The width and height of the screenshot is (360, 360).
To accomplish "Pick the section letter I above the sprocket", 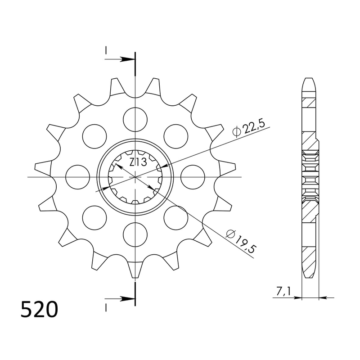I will (106, 51).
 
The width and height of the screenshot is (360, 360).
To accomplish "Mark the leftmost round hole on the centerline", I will (78, 177).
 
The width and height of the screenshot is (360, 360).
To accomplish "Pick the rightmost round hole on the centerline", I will (192, 177).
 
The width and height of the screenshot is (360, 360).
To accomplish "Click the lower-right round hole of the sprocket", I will (175, 217).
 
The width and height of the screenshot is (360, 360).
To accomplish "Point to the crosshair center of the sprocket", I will (135, 177).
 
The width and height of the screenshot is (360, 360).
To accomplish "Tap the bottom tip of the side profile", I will (310, 275).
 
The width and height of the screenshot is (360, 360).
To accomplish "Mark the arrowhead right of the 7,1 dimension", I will (323, 297).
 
